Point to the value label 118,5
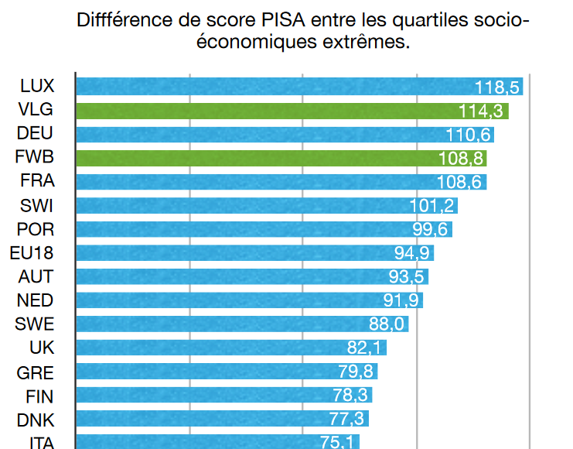pos(498,87)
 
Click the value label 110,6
pos(469,135)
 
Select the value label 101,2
pos(433,206)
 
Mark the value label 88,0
pos(387,324)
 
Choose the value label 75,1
pos(338,442)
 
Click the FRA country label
pos(36,182)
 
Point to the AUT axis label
pos(36,277)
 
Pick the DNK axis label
pos(36,420)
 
